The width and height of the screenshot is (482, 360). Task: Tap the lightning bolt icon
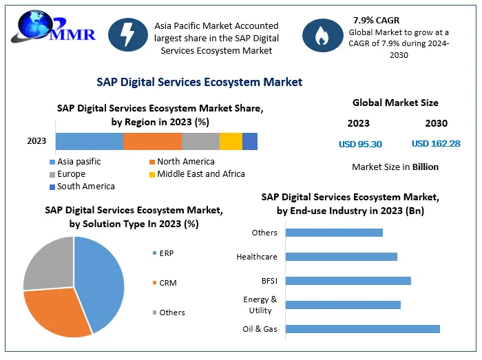pos(127,35)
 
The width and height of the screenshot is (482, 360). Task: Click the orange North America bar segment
pos(152,141)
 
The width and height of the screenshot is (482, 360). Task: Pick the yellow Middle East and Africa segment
pos(231,141)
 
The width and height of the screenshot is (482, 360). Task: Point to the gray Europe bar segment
pos(200,141)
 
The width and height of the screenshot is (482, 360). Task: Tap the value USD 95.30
pos(360,144)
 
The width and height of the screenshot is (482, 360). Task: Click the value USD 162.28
pos(436,144)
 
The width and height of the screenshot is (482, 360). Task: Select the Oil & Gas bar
pos(362,329)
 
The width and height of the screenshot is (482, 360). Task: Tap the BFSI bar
pos(348,281)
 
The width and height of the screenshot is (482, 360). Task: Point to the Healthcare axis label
pos(257,257)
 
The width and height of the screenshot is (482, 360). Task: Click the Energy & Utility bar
pos(343,305)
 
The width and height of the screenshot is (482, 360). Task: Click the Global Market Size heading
pos(395,103)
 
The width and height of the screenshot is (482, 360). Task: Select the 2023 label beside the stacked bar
pos(36,141)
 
